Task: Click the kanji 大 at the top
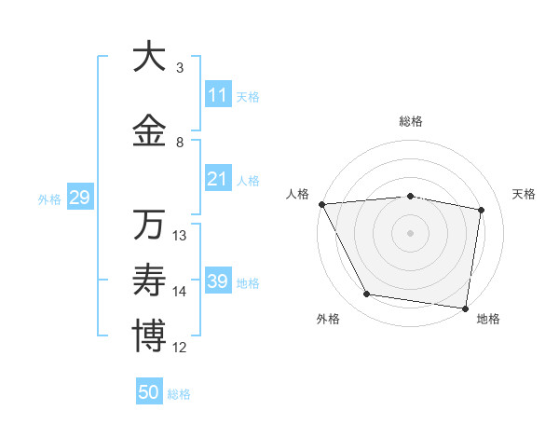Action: coord(149,57)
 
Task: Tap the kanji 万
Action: coord(149,225)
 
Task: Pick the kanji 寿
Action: coord(149,281)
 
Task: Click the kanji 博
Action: coord(149,336)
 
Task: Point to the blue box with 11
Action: coord(218,95)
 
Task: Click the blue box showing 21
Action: coord(218,179)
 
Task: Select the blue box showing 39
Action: coord(218,281)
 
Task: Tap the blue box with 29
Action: coord(79,198)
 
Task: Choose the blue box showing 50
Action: coord(149,392)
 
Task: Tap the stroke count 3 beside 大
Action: coord(180,68)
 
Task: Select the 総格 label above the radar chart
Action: coord(411,121)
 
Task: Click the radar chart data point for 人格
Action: coord(321,204)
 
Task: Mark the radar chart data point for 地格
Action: coord(465,308)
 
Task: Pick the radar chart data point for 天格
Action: coord(482,210)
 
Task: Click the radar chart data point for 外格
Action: coord(367,294)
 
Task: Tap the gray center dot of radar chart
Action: coord(410,233)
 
